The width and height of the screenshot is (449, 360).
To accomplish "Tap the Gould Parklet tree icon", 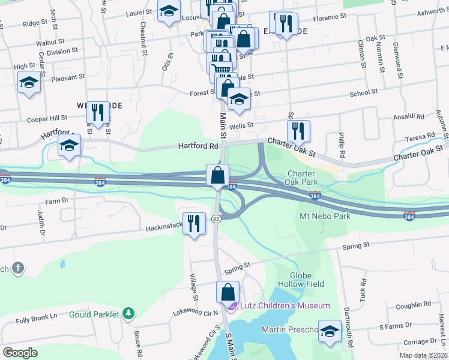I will [x=127, y=313].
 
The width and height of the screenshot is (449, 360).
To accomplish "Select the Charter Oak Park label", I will [x=300, y=178].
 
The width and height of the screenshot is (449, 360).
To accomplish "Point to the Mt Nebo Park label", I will [x=324, y=215].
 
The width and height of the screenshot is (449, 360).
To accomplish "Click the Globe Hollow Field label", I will [x=300, y=279].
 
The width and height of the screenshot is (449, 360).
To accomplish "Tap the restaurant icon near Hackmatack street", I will [x=193, y=224].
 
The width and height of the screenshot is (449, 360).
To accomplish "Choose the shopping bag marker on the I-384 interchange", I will [x=217, y=176].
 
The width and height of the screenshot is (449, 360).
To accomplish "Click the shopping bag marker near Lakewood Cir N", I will [x=228, y=293].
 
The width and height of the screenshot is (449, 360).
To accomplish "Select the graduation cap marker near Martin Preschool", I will [x=329, y=331].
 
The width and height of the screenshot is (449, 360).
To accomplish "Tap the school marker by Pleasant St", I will [x=29, y=82].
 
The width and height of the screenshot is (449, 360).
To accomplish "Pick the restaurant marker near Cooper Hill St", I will [x=97, y=112].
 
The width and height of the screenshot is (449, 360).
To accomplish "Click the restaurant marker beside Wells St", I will [x=298, y=130].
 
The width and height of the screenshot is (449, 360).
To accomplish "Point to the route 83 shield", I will [x=216, y=219].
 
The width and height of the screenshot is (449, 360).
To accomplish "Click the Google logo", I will [x=20, y=352].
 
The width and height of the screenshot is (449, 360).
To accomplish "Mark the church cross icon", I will [x=18, y=268].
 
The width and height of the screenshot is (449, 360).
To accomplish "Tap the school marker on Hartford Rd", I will [x=69, y=145].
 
